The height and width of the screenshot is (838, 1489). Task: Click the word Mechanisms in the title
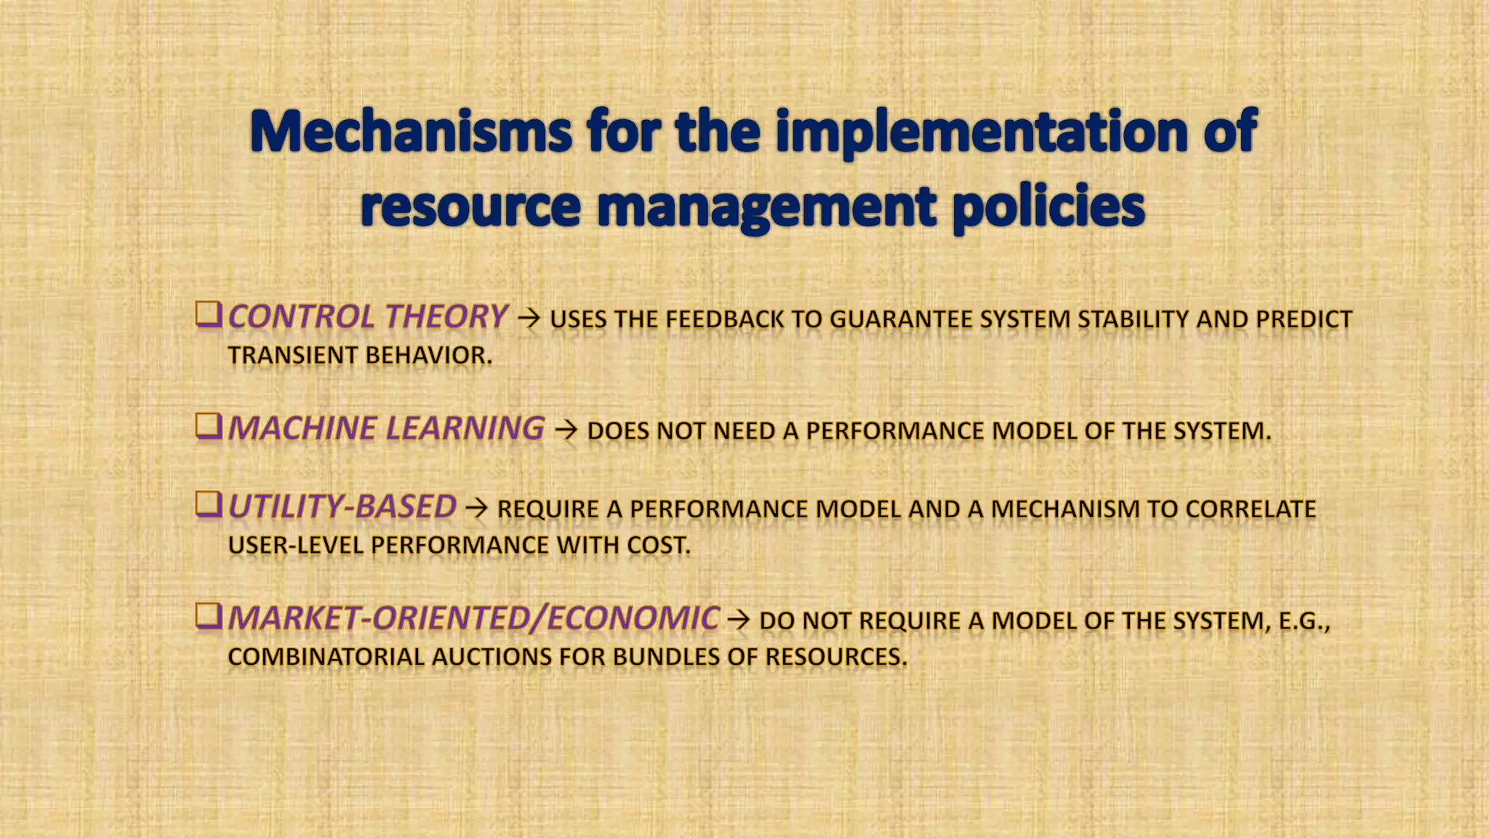point(411,132)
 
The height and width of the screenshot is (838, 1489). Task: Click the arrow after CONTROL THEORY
point(529,318)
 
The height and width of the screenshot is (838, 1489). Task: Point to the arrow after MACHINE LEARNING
point(566,430)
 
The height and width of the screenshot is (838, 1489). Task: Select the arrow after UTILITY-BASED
point(476,508)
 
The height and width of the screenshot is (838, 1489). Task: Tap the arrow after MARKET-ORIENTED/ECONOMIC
point(739,620)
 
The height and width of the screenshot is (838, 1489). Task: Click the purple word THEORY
point(446,316)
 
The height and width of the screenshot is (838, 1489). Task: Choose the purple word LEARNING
point(465,428)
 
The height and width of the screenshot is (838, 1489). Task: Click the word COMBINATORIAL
point(326,657)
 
